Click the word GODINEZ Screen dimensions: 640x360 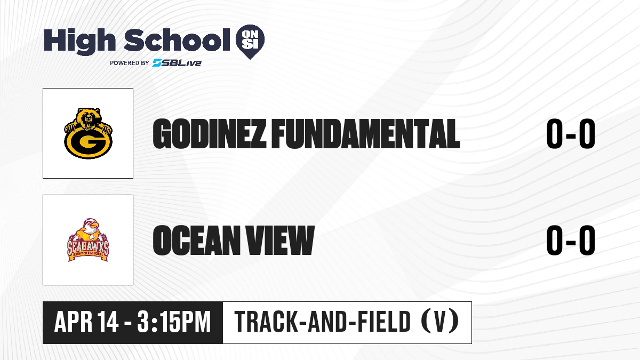(x=210, y=134)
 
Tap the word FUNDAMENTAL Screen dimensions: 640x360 (x=366, y=134)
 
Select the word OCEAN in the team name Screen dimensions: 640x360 (x=197, y=241)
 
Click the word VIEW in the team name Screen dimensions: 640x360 (x=281, y=241)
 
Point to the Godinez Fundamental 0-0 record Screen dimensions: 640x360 (x=571, y=134)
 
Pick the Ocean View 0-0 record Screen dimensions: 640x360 (x=571, y=241)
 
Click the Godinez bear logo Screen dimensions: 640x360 (x=88, y=133)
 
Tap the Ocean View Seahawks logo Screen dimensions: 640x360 (x=88, y=240)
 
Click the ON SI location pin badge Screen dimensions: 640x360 (x=250, y=42)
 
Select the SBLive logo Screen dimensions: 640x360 (x=177, y=63)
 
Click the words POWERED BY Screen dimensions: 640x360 (x=130, y=63)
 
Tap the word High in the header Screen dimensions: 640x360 (x=80, y=41)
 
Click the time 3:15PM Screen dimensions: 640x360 (x=174, y=322)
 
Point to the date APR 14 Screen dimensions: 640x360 (x=86, y=322)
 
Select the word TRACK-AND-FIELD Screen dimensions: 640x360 (x=323, y=322)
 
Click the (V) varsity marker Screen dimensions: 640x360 (x=441, y=322)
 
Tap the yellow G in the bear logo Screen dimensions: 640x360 (x=88, y=142)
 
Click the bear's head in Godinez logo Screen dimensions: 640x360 (x=89, y=118)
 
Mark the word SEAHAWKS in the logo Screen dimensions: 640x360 (x=88, y=247)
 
